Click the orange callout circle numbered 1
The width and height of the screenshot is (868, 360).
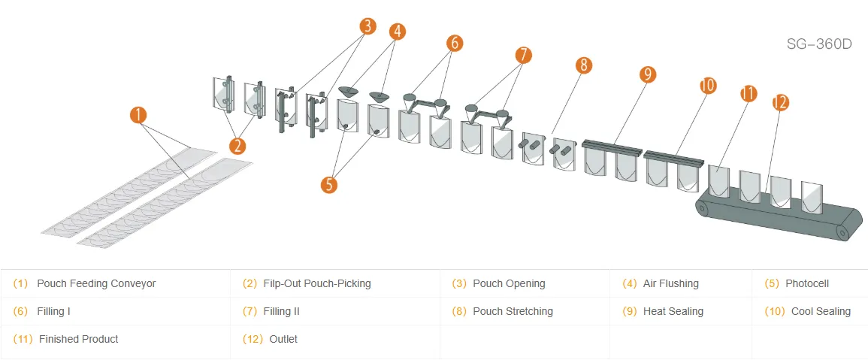click(138, 115)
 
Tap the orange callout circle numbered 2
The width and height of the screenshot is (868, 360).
click(238, 145)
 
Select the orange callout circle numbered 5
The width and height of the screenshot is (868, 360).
click(328, 184)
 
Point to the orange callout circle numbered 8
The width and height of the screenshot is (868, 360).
click(584, 65)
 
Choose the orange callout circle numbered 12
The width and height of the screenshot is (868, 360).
click(779, 103)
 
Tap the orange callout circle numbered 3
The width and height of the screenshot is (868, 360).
click(367, 26)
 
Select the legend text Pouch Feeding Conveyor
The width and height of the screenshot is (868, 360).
click(96, 283)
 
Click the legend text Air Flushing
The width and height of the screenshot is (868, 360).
click(670, 283)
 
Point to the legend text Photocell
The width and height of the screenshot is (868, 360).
click(807, 283)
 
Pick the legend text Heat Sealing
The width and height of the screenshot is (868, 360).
click(673, 311)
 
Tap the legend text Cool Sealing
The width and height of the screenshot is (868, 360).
click(821, 311)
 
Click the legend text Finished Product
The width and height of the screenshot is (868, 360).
click(78, 339)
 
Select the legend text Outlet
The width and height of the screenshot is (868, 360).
click(283, 339)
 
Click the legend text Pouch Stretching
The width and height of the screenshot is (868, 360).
click(513, 311)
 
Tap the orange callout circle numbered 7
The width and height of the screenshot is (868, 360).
click(523, 55)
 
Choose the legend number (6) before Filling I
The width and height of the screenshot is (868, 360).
click(20, 311)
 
